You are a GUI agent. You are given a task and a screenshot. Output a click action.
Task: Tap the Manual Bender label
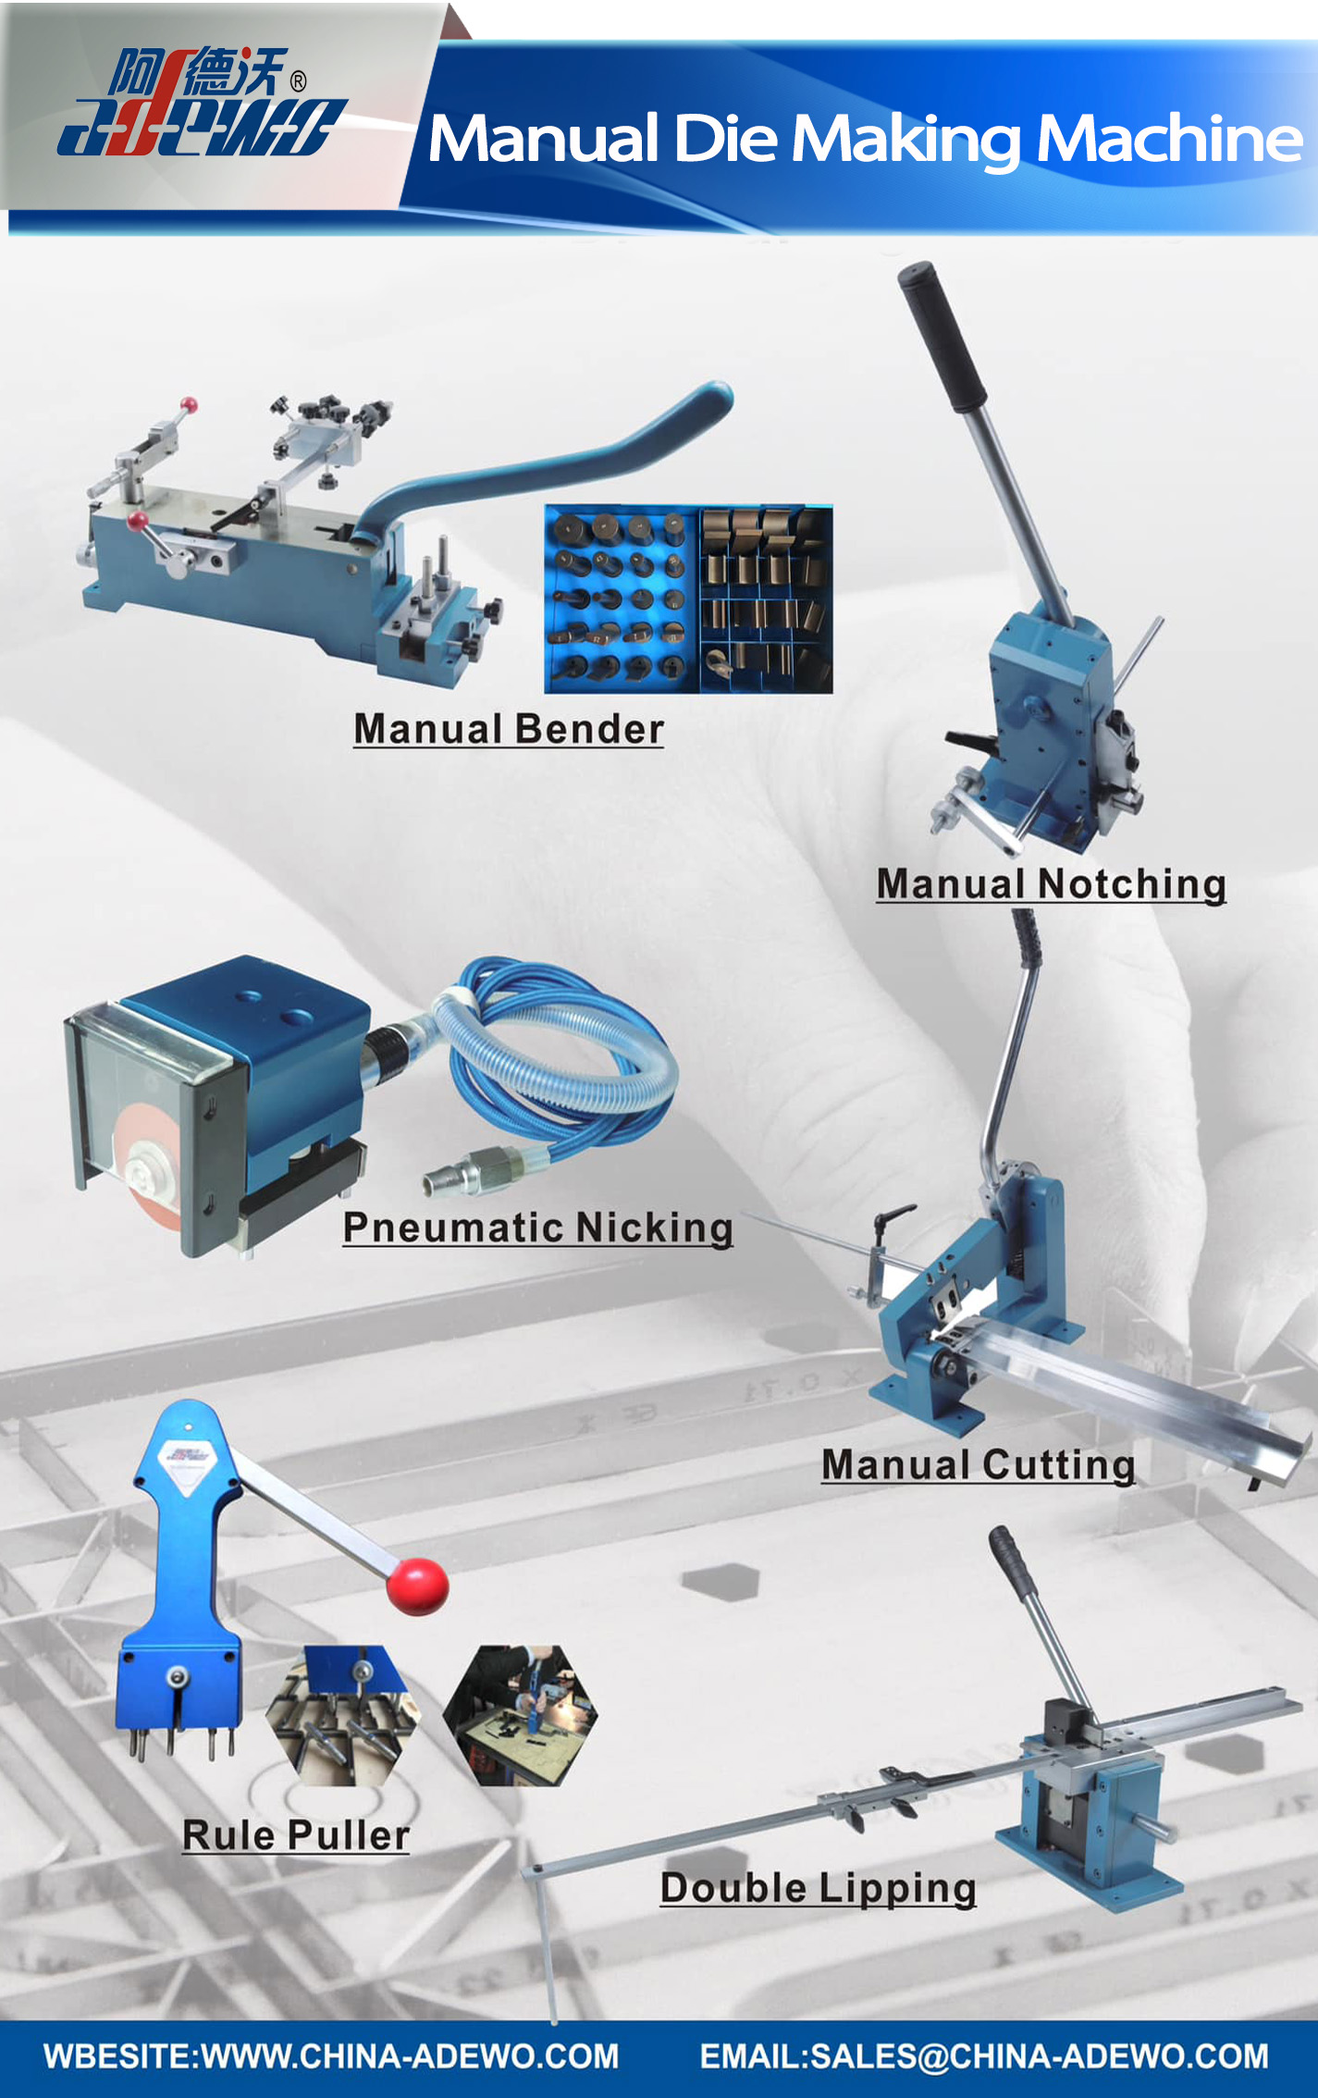tap(509, 729)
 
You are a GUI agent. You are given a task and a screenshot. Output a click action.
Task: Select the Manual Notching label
tap(1052, 884)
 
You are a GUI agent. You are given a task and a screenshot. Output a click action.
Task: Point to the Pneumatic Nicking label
tap(538, 1228)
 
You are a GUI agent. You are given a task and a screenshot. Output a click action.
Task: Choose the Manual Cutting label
tap(979, 1465)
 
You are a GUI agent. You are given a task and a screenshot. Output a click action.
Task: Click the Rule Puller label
tap(296, 1835)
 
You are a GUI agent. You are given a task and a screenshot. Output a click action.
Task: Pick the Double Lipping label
tap(819, 1888)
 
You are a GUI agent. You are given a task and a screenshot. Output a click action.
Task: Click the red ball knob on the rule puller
tap(418, 1586)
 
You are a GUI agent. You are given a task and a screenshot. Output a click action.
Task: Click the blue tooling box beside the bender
tap(688, 599)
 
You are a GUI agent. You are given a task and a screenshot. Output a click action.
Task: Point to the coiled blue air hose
tap(555, 1055)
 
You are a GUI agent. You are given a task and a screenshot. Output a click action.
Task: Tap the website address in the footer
tap(331, 2055)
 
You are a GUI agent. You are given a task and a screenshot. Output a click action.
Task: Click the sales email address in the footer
tap(984, 2055)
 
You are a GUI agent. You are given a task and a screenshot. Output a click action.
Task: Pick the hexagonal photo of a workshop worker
tap(520, 1714)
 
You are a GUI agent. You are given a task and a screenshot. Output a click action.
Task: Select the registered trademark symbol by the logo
tap(298, 81)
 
